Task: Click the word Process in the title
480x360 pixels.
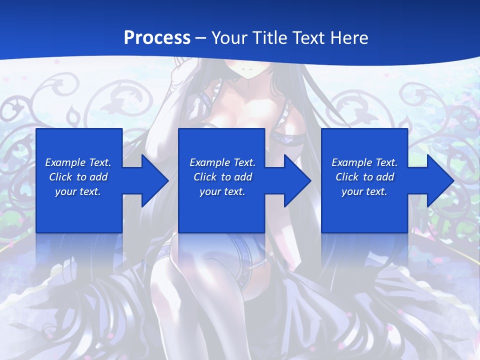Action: click(x=157, y=38)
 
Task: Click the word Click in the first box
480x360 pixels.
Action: click(x=60, y=177)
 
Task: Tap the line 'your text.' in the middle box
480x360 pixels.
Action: click(x=222, y=191)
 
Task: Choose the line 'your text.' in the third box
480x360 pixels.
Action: click(x=364, y=191)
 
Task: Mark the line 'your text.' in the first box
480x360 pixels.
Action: click(x=78, y=191)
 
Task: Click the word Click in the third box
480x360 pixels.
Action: click(x=347, y=177)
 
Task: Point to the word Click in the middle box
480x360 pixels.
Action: click(x=205, y=177)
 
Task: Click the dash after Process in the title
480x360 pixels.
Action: click(x=201, y=38)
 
